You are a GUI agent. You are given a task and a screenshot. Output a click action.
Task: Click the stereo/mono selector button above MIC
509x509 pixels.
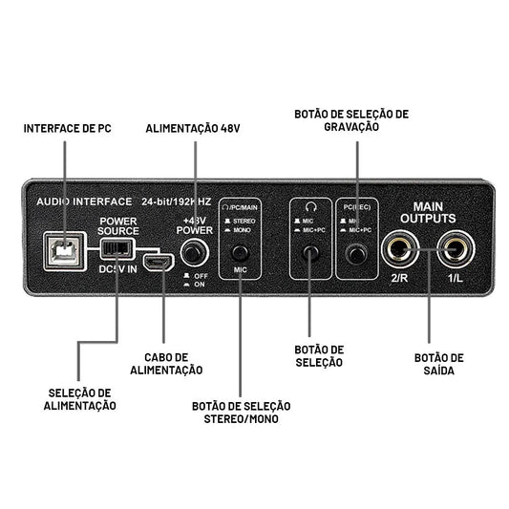click(x=241, y=253)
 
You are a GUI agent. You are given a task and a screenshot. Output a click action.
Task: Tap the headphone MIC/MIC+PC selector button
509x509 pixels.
click(x=310, y=253)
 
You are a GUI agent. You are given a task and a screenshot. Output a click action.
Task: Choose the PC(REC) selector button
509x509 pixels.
click(x=357, y=253)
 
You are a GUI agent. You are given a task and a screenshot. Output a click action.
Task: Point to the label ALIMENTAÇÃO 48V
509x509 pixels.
click(x=194, y=127)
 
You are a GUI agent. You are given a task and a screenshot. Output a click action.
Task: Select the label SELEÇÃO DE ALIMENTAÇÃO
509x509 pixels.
click(x=82, y=398)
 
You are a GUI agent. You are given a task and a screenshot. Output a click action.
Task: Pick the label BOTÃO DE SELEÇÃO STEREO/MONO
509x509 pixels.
click(x=241, y=413)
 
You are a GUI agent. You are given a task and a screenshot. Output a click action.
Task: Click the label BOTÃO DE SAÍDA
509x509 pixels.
click(x=439, y=363)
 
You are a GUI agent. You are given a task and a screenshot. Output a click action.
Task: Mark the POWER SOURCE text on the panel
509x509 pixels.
click(x=120, y=224)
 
